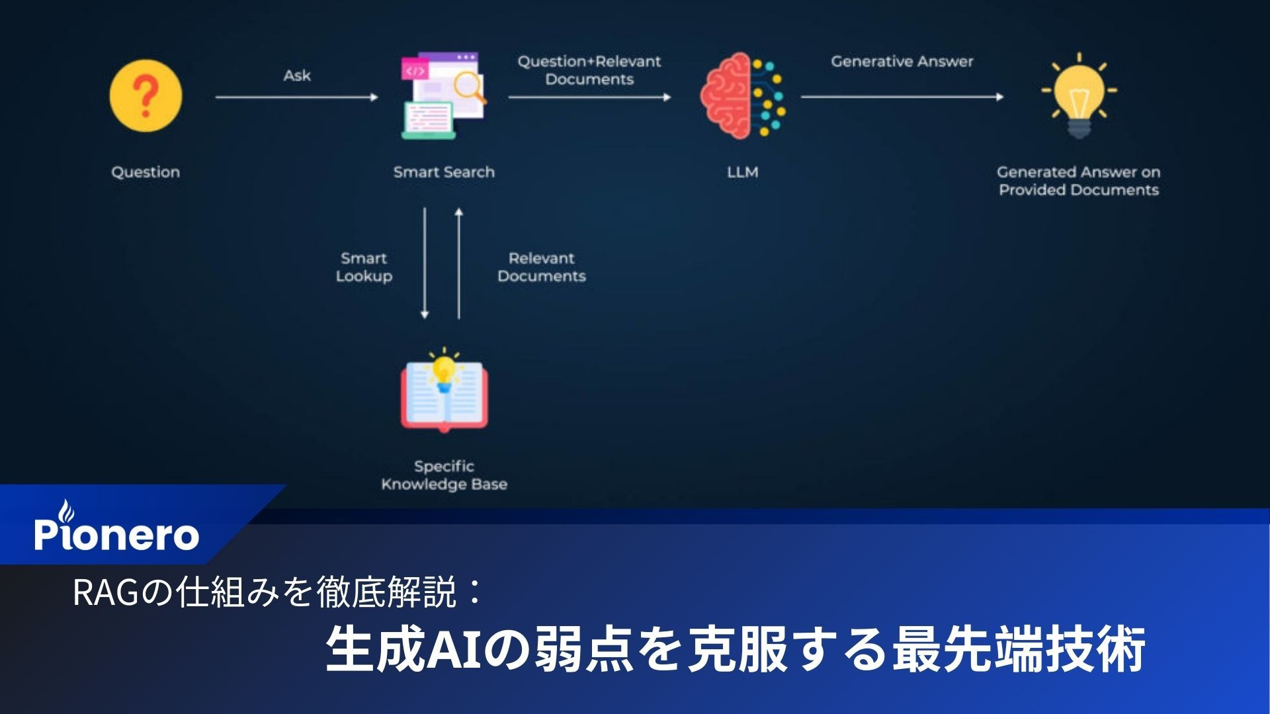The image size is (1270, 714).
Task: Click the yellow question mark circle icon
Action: tap(146, 96)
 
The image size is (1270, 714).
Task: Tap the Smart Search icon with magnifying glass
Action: tap(444, 96)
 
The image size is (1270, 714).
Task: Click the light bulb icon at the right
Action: tap(1079, 96)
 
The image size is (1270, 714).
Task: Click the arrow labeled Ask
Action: tap(296, 97)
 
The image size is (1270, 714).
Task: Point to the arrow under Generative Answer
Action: tap(902, 97)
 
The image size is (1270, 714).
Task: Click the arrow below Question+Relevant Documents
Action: tap(589, 97)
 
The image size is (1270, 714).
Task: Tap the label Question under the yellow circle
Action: tap(146, 172)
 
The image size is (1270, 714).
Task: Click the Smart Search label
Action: tap(444, 172)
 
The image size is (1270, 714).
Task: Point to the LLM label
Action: tap(742, 172)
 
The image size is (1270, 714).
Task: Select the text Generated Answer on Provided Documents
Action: tap(1079, 180)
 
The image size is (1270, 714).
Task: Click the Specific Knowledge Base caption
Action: tap(444, 475)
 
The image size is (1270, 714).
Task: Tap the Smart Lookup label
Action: tap(364, 267)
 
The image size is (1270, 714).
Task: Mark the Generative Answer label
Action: tap(902, 61)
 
